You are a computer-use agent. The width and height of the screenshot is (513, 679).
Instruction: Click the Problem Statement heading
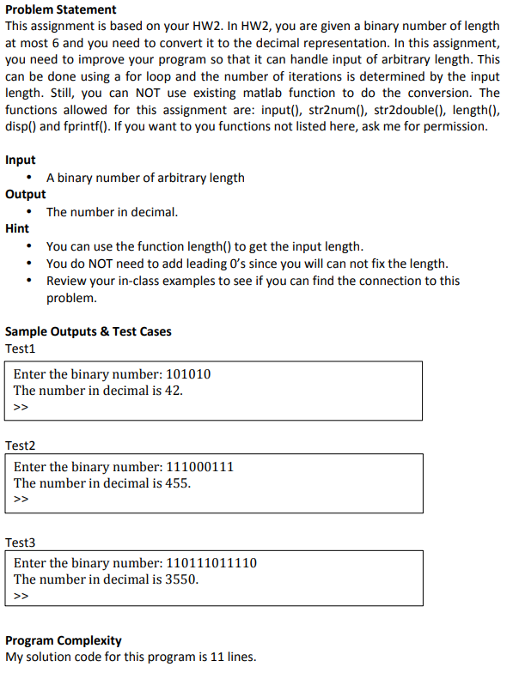[61, 9]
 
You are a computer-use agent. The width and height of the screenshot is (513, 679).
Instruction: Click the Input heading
[21, 160]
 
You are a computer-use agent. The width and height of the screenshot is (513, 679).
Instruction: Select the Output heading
[26, 194]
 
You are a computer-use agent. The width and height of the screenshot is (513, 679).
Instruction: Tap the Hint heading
[17, 228]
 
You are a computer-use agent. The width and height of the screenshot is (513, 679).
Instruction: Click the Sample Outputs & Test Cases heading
[89, 331]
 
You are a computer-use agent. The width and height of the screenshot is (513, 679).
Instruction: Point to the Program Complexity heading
[64, 640]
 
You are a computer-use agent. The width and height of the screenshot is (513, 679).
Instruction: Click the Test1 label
[21, 349]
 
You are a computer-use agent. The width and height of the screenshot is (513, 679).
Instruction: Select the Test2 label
[21, 446]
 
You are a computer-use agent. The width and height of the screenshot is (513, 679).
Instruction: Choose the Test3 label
[21, 543]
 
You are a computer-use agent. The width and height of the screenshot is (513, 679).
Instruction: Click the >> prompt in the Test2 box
[21, 499]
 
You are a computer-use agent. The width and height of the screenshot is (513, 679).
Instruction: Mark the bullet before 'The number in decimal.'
[32, 212]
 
